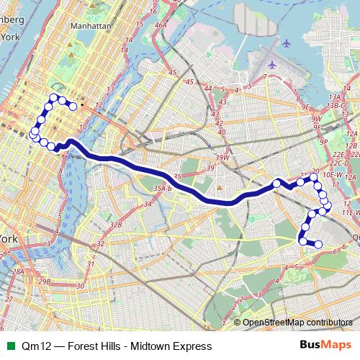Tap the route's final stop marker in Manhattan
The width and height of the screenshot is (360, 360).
(73, 106)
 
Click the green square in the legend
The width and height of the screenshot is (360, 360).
(9, 346)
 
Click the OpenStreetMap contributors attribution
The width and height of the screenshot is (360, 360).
(297, 323)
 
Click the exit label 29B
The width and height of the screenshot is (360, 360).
(45, 282)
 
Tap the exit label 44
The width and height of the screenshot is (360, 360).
(207, 89)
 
